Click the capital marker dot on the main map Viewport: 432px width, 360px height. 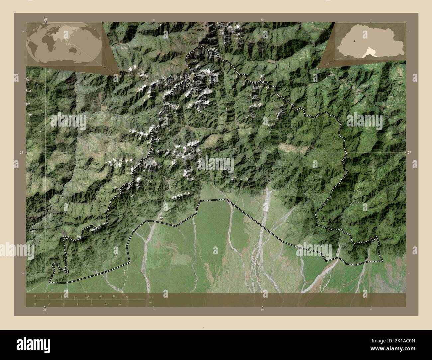point(162,219)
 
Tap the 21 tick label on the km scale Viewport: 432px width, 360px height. point(127,296)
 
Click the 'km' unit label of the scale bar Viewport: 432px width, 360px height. point(151,297)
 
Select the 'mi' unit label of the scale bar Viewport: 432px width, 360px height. point(151,303)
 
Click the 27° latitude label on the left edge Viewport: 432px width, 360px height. point(22,152)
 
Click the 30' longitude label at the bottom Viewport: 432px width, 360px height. point(262,310)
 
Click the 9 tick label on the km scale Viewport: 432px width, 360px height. point(74,296)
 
